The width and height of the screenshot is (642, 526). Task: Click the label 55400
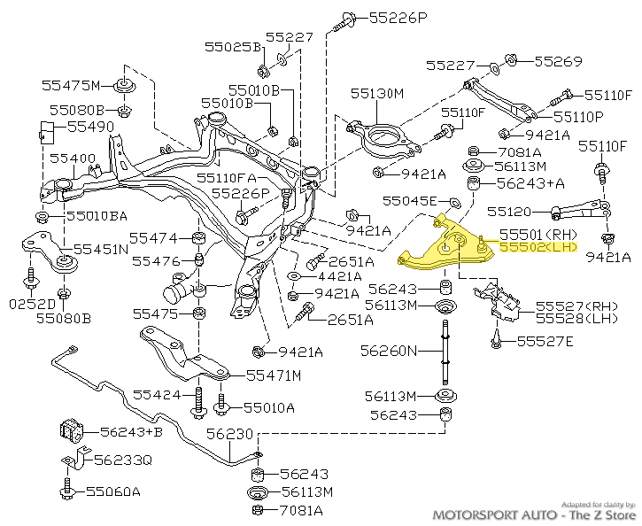click(72, 159)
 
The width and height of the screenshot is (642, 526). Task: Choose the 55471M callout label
click(274, 375)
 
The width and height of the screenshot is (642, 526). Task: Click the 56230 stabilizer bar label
click(230, 434)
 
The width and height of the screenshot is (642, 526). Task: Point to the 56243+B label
click(131, 432)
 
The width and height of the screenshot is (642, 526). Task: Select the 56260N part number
click(388, 351)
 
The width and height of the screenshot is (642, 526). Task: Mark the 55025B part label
click(233, 46)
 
